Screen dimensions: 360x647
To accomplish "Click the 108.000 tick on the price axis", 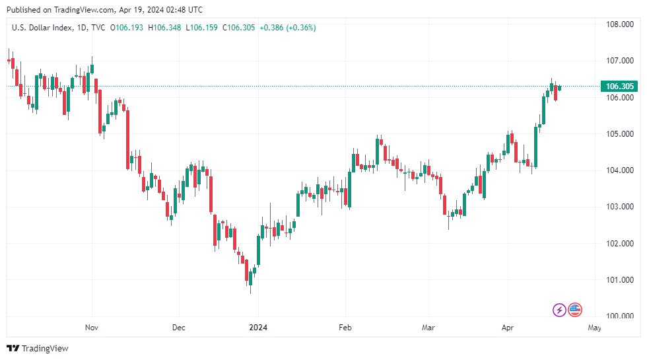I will point(620,24).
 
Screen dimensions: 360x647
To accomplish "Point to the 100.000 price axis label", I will point(620,316).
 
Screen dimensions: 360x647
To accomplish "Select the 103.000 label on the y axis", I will point(620,207).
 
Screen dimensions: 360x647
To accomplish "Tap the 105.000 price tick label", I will point(620,134).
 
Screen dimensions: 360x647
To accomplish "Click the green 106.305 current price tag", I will point(620,87).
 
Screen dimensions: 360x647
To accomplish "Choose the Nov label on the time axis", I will point(92,327).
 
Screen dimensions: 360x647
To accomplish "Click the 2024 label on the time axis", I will point(258,327).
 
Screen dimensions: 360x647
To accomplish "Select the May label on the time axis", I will point(594,327).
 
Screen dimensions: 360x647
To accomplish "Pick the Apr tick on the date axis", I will point(508,327).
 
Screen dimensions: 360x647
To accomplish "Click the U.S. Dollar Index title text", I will point(39,28).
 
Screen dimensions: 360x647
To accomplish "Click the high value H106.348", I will point(165,28).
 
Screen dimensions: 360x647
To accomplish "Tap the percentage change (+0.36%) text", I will point(301,28).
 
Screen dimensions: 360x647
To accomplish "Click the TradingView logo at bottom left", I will point(38,348).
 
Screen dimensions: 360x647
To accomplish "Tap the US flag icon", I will point(575,309).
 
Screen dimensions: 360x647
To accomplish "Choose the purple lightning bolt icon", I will point(559,309).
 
